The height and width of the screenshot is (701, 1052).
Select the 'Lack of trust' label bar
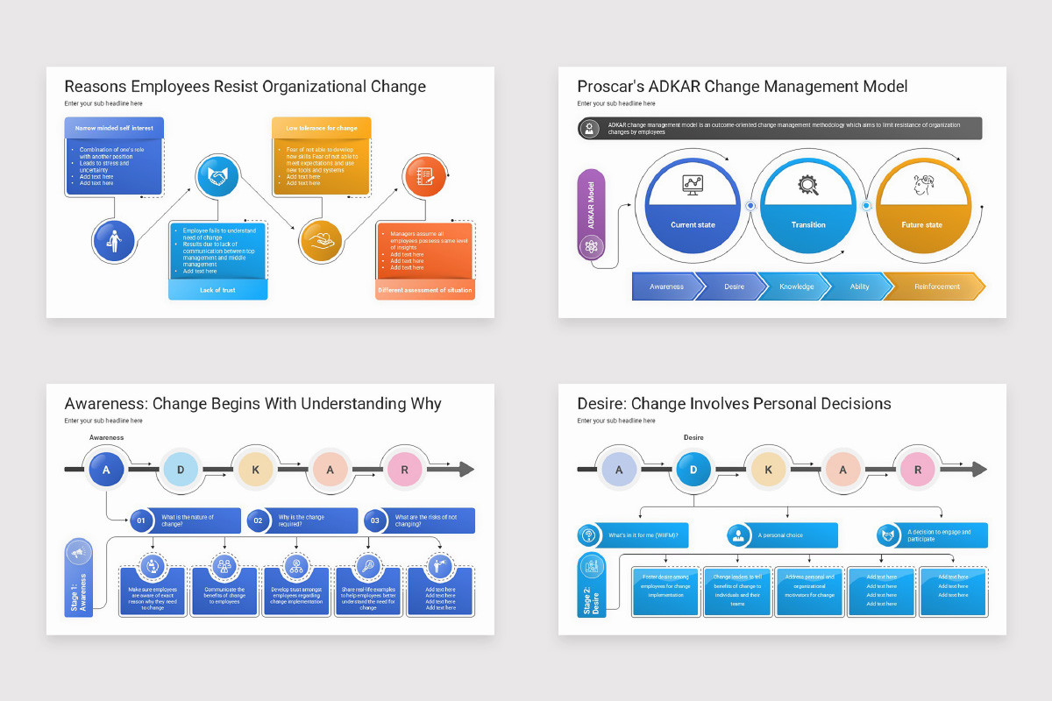pos(217,289)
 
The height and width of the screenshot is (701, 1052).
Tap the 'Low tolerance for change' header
pos(321,128)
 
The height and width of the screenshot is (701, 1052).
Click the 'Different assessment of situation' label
pos(425,290)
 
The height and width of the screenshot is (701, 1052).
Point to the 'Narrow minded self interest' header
pos(113,128)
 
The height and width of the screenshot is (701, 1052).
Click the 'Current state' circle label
pos(693,225)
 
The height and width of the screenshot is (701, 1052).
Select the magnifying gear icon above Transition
pos(807,185)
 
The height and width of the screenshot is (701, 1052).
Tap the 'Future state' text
pos(921,225)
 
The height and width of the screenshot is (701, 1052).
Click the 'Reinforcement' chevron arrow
pos(936,287)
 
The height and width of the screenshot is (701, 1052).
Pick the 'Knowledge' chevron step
pos(796,287)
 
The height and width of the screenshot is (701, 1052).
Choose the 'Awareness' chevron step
pos(666,287)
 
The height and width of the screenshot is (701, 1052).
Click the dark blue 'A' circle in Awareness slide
pos(107,470)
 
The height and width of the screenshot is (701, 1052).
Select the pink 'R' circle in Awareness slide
pos(405,470)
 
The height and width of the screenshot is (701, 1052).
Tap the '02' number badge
pos(258,521)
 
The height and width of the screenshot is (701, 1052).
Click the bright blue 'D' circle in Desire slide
pos(693,470)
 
